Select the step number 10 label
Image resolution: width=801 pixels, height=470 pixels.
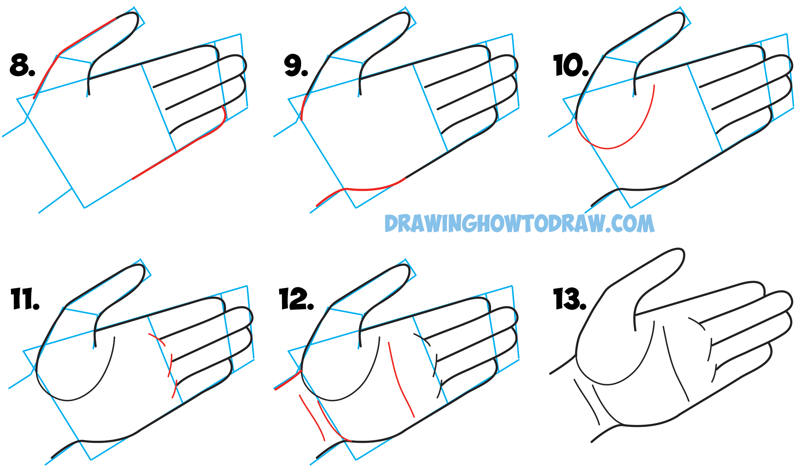570,65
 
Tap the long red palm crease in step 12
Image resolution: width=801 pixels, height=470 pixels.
399,381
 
